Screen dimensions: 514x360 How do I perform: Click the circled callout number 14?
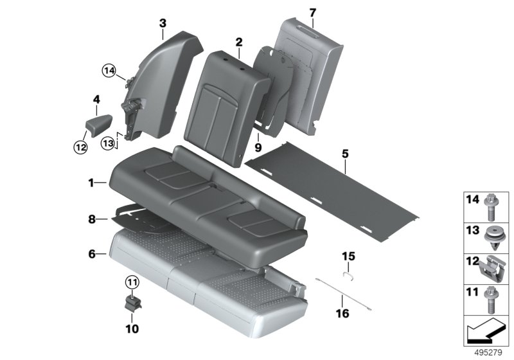click(109, 71)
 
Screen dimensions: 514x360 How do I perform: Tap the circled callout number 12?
click(80, 147)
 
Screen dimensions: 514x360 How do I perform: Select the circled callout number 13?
click(108, 143)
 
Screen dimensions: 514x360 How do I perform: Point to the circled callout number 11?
click(132, 282)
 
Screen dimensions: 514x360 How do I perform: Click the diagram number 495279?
click(488, 353)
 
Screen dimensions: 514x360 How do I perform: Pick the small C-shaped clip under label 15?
click(348, 274)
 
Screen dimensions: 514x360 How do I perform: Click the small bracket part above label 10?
click(133, 304)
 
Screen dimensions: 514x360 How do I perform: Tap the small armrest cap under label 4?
click(98, 125)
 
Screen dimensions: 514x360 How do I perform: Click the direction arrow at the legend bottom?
click(486, 330)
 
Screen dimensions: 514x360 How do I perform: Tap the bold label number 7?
click(313, 13)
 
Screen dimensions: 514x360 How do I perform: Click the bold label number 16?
click(342, 314)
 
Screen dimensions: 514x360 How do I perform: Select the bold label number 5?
click(345, 154)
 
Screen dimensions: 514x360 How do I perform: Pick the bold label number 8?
click(92, 219)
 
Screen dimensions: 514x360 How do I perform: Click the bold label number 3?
click(163, 24)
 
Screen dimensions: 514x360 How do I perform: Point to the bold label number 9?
click(258, 148)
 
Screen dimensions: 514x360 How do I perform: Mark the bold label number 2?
click(239, 42)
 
